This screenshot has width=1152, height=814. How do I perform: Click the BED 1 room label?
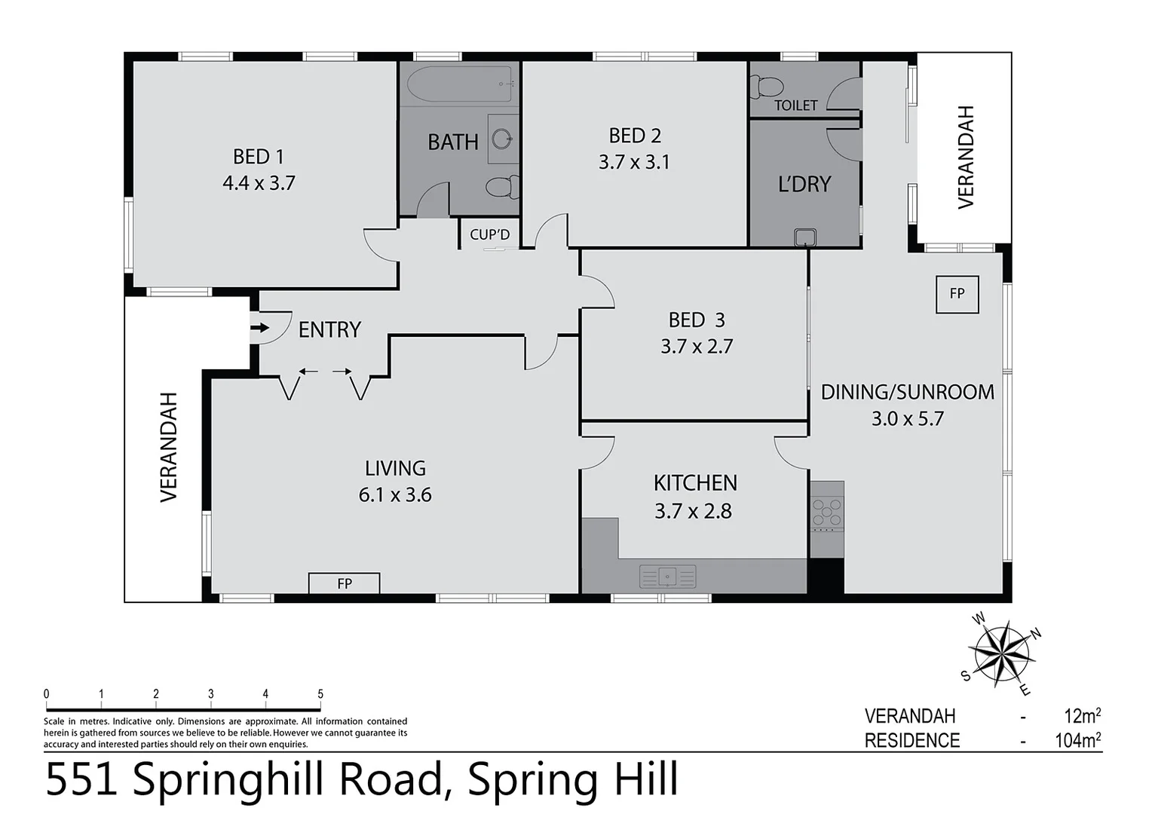coord(258,157)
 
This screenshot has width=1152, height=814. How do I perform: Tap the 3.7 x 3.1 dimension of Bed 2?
coord(634,162)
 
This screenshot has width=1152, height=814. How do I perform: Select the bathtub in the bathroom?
coord(460,84)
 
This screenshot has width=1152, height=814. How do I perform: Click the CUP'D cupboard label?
coord(489,234)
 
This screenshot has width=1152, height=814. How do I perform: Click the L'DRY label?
coord(804,184)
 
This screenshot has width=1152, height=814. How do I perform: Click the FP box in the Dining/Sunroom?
coord(957,294)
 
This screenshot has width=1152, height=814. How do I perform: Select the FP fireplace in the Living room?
coord(344,583)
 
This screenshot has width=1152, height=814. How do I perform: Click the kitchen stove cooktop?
coord(826,512)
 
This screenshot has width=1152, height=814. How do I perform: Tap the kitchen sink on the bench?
coord(667,577)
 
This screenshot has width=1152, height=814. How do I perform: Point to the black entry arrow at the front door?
coord(259,328)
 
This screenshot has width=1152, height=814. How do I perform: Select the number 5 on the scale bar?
coord(320,694)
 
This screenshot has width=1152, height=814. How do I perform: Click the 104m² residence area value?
coord(1077,740)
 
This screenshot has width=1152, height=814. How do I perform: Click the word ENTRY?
coord(329,329)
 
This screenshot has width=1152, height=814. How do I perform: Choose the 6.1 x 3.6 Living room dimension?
coord(395,495)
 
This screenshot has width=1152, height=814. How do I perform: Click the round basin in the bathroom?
coord(501,139)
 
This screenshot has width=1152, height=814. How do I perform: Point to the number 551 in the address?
coord(81,779)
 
